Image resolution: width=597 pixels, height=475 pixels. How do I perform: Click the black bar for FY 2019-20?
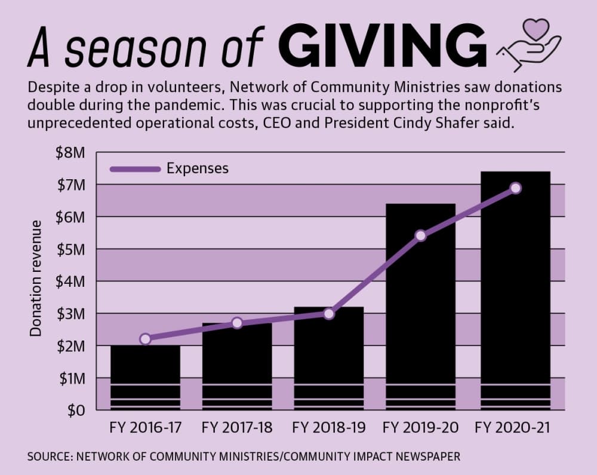[421, 307]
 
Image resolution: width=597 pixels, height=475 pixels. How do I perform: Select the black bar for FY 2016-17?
[145, 377]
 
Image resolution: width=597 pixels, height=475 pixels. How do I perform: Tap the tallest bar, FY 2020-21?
[516, 290]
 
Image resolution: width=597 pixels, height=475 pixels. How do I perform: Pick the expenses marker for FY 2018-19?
[329, 314]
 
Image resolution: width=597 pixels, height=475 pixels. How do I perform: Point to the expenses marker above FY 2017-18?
[237, 323]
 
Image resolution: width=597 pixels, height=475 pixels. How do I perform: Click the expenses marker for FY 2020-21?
[516, 188]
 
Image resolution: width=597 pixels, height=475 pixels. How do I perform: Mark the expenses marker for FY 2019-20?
[421, 236]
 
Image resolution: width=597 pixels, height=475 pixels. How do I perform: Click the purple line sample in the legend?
[135, 169]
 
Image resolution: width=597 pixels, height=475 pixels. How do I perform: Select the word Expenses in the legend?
[198, 168]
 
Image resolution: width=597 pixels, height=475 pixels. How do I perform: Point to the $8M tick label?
[70, 153]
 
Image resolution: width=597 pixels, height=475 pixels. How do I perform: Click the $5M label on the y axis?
[70, 250]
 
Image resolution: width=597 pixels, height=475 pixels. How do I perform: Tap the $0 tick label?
[76, 410]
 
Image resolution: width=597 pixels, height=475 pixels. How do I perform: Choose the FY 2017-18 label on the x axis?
[237, 427]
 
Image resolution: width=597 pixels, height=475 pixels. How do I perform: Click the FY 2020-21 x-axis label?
[512, 427]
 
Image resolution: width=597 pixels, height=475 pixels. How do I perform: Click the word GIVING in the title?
[382, 45]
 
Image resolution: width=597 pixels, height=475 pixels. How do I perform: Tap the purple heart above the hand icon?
[536, 29]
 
